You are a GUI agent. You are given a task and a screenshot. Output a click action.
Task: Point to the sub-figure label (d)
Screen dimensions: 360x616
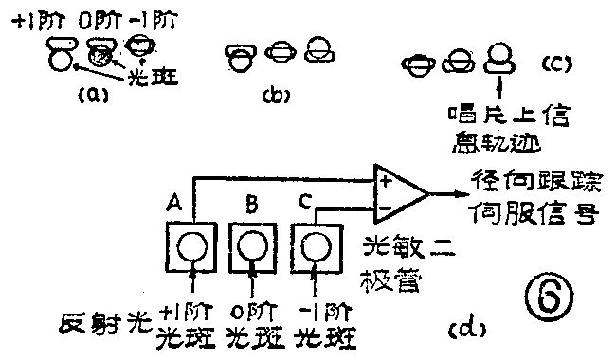(465, 329)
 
